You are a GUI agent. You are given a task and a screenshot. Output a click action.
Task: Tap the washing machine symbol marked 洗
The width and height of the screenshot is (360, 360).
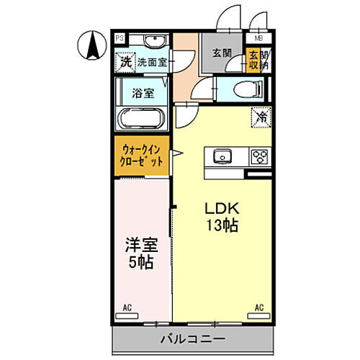point(125,63)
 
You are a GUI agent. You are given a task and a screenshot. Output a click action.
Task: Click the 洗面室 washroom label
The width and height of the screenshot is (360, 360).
point(152,63)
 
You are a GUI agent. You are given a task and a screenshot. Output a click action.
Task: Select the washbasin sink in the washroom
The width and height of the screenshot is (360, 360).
point(152,41)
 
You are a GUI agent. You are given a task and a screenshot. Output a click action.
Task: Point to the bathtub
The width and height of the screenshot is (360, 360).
point(142,117)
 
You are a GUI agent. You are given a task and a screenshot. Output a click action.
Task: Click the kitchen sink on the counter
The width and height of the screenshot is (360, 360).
point(222,156)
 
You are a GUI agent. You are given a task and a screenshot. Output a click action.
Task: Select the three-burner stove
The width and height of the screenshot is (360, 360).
point(258,156)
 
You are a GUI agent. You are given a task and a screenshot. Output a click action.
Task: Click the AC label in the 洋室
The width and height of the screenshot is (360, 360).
point(127,308)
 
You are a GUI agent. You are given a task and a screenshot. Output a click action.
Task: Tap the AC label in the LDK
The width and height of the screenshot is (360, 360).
point(258,308)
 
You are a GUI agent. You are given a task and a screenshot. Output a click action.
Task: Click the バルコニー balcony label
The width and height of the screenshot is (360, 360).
point(193,338)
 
